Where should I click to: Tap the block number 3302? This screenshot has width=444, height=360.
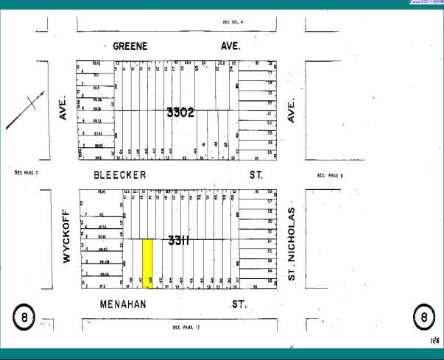(180, 113)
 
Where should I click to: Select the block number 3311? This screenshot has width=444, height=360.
(180, 240)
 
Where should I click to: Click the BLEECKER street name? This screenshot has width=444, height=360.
(120, 175)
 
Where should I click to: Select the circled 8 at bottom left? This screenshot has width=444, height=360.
(24, 318)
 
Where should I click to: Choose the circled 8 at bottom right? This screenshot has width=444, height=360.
(423, 318)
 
